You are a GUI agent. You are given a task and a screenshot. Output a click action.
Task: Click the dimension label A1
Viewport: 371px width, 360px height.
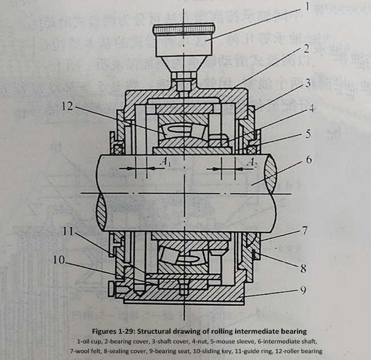point(167,163)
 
